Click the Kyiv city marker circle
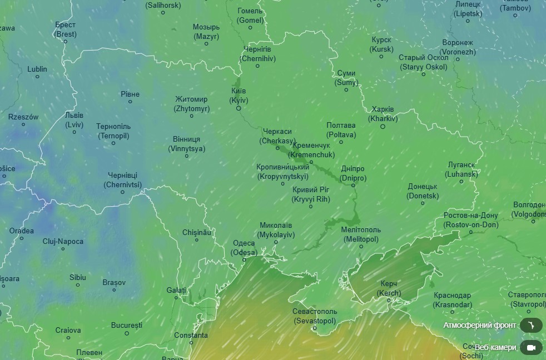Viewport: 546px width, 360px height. (x=239, y=108)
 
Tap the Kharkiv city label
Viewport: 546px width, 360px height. (x=383, y=114)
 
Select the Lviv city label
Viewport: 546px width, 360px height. (x=74, y=120)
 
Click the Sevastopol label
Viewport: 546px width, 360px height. (x=315, y=316)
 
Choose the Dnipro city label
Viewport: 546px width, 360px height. (x=353, y=173)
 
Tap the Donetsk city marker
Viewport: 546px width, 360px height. (x=423, y=204)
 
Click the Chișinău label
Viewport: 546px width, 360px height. (x=197, y=233)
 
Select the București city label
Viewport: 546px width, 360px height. (x=127, y=325)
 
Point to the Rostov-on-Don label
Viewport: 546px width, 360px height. (x=471, y=220)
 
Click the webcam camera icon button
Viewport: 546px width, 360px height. (x=531, y=347)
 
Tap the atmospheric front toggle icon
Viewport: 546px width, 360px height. (x=531, y=325)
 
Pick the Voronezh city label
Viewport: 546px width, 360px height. (x=458, y=47)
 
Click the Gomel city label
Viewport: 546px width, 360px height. (x=250, y=16)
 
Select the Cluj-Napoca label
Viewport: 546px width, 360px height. (x=63, y=241)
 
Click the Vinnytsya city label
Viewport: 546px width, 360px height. (x=186, y=144)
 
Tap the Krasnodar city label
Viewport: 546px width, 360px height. (x=453, y=300)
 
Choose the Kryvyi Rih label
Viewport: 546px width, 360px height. (x=311, y=194)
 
